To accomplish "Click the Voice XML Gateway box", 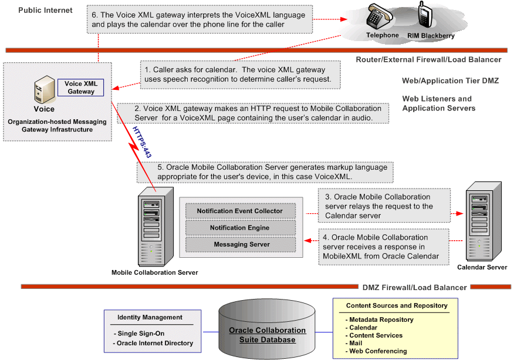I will (80, 88).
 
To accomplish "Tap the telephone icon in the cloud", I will (380, 18).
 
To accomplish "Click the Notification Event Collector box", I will (239, 211).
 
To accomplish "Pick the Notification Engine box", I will (239, 227).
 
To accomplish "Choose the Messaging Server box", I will (239, 244).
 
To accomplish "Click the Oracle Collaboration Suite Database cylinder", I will (267, 332).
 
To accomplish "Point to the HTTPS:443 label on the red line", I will (139, 142).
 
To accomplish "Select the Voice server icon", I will (43, 91).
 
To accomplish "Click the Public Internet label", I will (45, 10).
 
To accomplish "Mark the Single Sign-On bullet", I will (141, 334).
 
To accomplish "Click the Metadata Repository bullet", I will (380, 319).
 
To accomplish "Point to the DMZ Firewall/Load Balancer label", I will (415, 287).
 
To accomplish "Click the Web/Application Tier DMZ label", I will (450, 80).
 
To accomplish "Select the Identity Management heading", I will (150, 317).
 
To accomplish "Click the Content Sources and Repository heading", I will (397, 305).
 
